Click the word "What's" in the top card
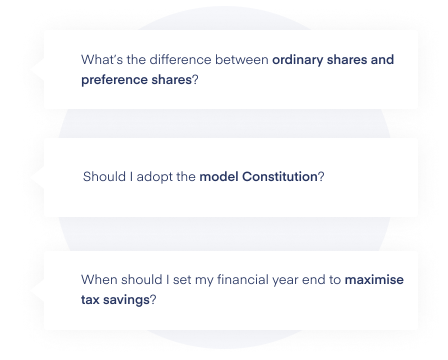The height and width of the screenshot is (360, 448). tap(98, 60)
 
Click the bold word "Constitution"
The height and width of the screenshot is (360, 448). tap(279, 177)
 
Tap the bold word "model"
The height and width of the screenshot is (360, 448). tap(218, 177)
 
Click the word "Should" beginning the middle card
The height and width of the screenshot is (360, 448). tap(101, 177)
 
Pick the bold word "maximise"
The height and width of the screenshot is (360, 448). tap(374, 280)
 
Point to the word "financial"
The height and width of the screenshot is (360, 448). tap(240, 280)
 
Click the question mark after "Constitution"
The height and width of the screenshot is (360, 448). tap(321, 177)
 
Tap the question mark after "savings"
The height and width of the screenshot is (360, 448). tap(153, 300)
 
